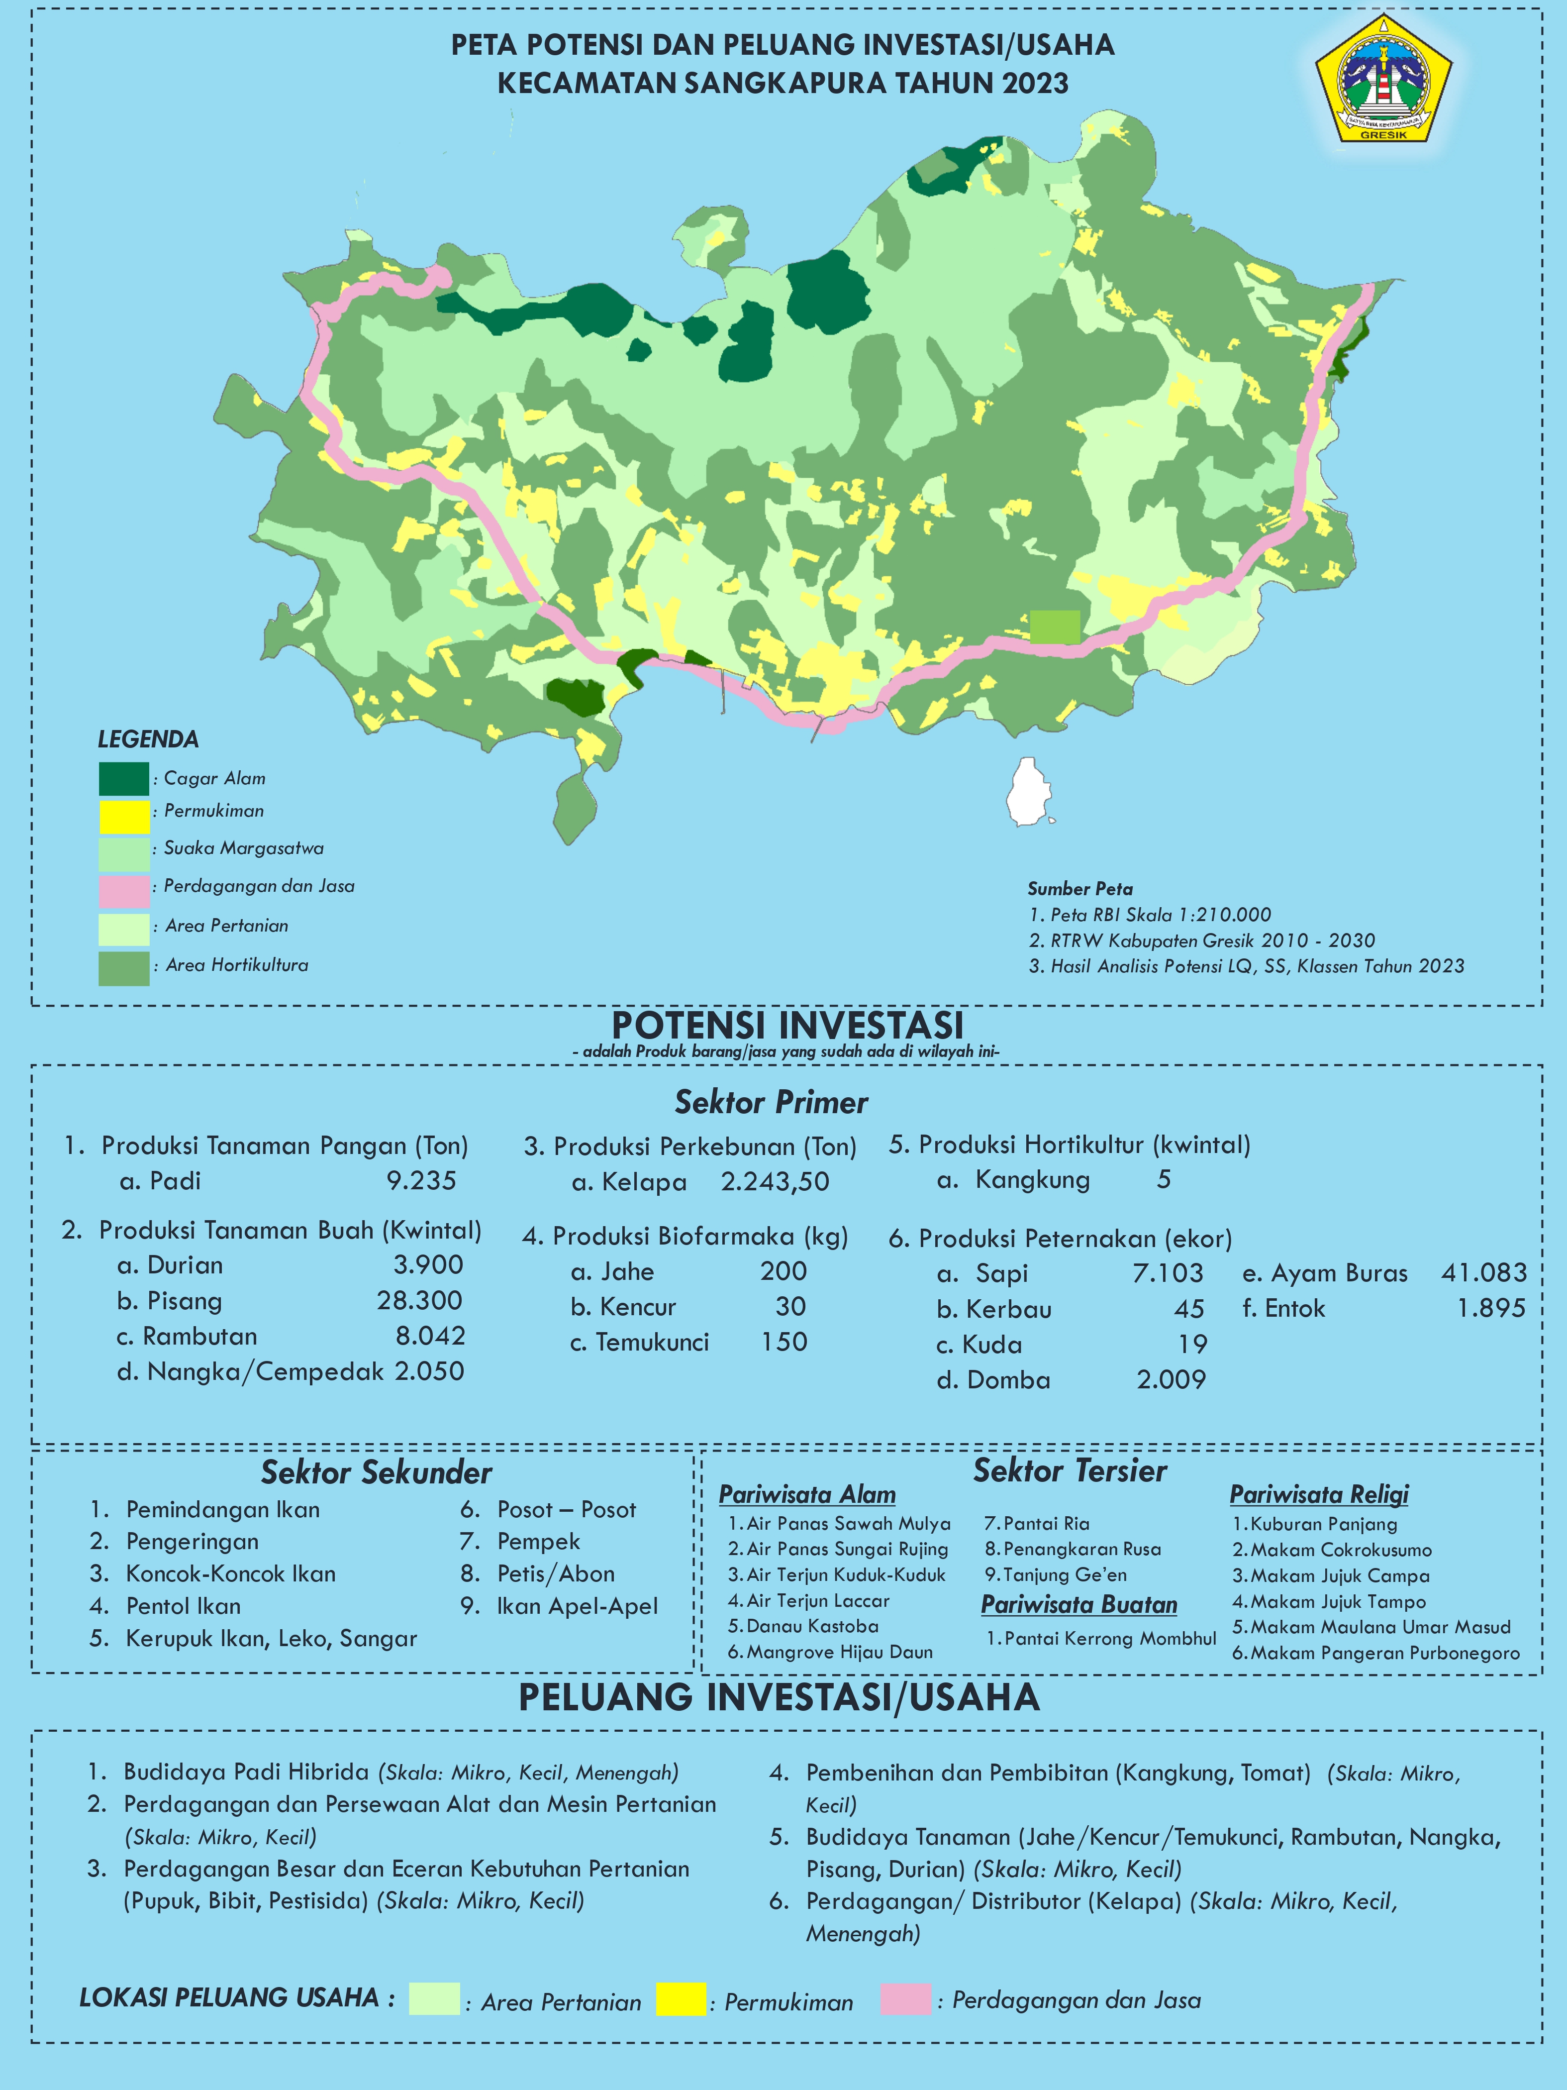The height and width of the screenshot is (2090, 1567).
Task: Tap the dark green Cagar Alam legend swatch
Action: tap(124, 779)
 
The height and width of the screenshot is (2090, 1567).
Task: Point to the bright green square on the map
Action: tap(1054, 627)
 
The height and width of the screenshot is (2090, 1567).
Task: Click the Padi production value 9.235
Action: tap(421, 1181)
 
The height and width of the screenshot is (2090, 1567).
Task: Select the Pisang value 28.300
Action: tap(419, 1301)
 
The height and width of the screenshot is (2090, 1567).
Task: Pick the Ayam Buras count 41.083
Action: tap(1483, 1273)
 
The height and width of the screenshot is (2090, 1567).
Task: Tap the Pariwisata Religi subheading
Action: tap(1319, 1495)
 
